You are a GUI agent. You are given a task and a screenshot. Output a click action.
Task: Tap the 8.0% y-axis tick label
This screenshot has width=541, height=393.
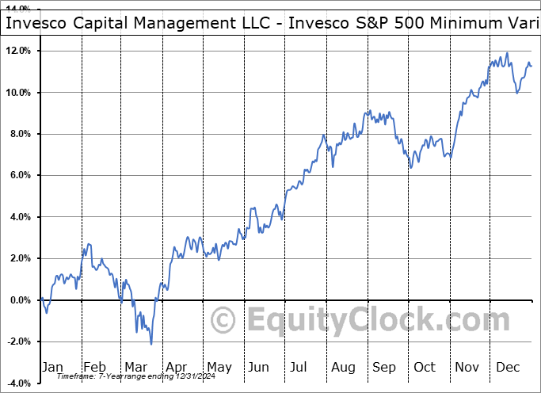pos(19,134)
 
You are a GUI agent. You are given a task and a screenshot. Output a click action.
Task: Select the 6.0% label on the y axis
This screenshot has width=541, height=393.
pos(19,175)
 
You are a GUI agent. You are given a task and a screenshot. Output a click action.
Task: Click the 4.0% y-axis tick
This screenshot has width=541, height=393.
pos(19,217)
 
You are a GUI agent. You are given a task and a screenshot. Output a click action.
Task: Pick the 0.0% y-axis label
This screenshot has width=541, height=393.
pos(19,300)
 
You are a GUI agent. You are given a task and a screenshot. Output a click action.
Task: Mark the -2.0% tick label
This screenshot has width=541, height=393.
pos(17,341)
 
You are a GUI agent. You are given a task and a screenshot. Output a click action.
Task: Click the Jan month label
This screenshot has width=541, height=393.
pos(51,368)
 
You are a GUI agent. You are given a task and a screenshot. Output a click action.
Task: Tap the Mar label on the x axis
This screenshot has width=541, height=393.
pos(135,368)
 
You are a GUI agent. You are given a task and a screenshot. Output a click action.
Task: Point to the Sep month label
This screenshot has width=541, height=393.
pos(384,368)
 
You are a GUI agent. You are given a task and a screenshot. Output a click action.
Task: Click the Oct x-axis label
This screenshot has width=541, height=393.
pos(425,368)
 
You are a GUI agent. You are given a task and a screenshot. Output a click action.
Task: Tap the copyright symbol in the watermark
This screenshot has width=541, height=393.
pos(223,320)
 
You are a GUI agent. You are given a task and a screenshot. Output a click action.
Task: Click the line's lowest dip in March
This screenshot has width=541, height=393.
pos(151,344)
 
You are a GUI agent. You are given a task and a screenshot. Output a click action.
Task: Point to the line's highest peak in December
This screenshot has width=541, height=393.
pos(507,54)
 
